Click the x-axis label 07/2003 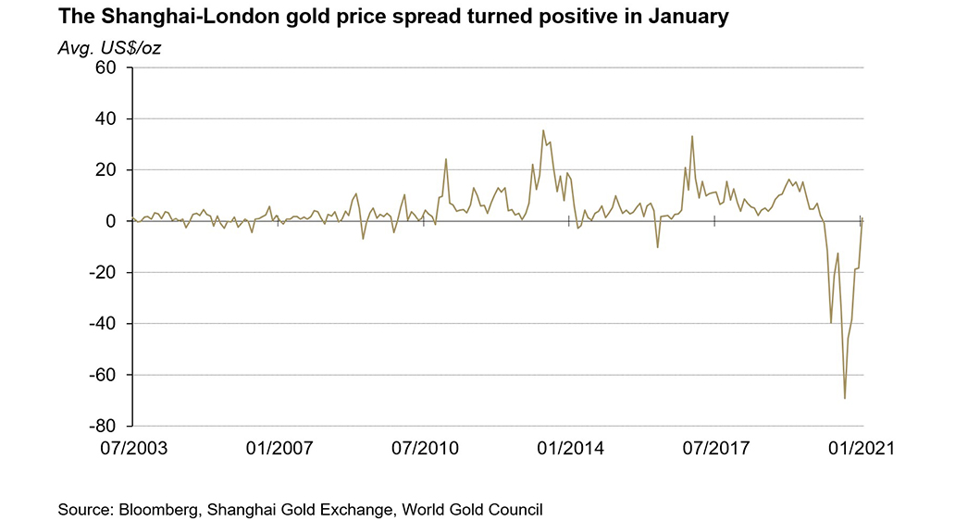pos(133,449)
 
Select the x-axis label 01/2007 pos(279,449)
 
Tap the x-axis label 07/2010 pos(425,449)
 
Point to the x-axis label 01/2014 pos(570,449)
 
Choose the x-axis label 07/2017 pos(715,449)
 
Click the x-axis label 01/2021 pos(860,449)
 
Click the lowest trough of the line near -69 pos(845,398)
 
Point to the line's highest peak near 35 pos(543,130)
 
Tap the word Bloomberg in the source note pos(157,509)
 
